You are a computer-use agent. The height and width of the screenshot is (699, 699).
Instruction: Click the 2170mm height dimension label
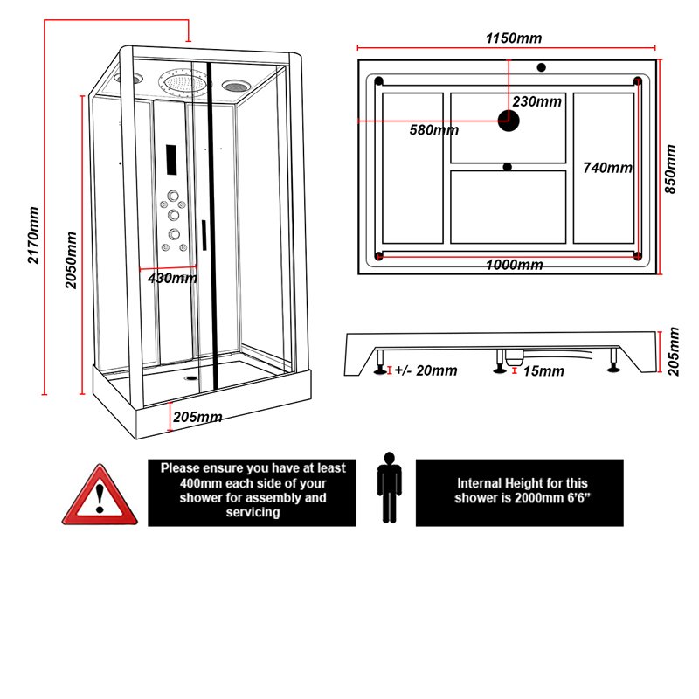[x=33, y=235]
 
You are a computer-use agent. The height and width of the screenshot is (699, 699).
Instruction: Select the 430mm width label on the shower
[x=171, y=279]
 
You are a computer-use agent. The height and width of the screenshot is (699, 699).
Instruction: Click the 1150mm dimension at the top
[x=514, y=38]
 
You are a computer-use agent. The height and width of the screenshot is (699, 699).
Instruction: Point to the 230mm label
[x=537, y=101]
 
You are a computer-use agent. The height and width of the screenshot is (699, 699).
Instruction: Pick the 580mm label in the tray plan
[x=433, y=131]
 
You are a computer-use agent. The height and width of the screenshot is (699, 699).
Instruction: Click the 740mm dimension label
[x=607, y=167]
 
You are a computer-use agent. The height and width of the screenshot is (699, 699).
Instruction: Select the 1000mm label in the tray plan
[x=514, y=265]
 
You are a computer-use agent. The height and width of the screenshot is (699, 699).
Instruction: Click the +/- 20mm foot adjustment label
[x=426, y=370]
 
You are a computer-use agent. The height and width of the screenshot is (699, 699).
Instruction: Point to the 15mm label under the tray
[x=543, y=371]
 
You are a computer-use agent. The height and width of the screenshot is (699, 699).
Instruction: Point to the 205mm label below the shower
[x=197, y=417]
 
